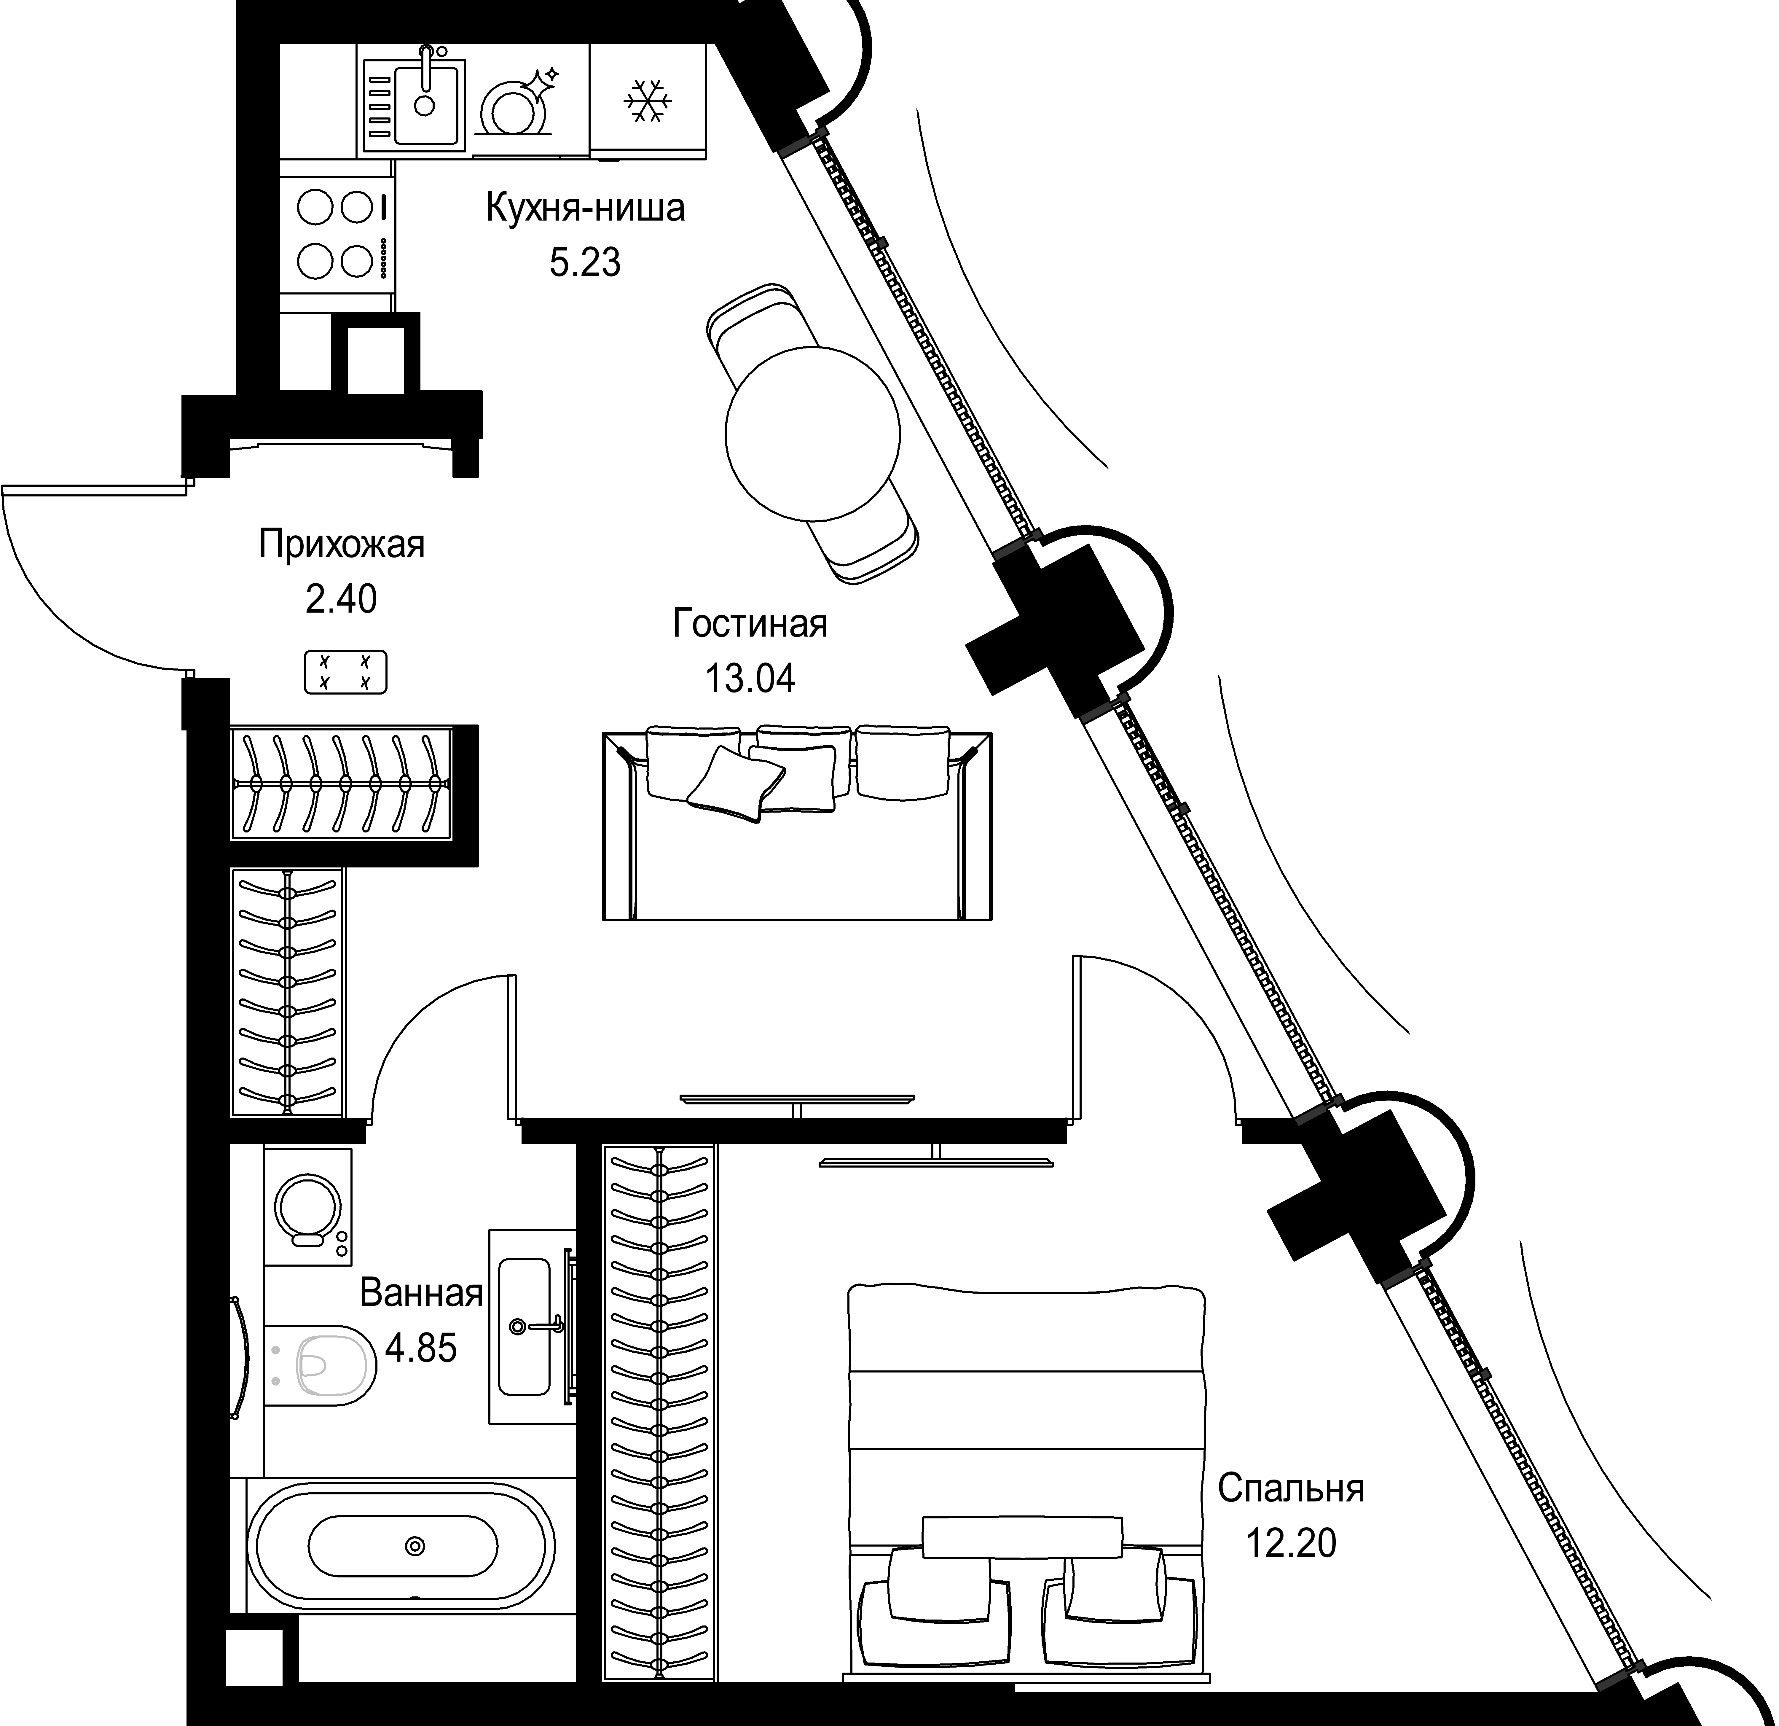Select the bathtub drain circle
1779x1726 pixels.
416,1545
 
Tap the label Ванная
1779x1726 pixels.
421,1293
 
